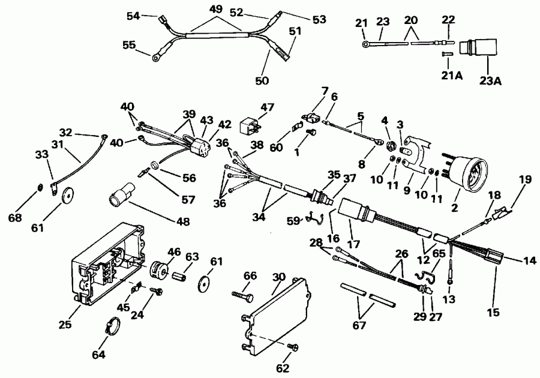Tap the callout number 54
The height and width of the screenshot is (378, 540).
coord(133,16)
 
